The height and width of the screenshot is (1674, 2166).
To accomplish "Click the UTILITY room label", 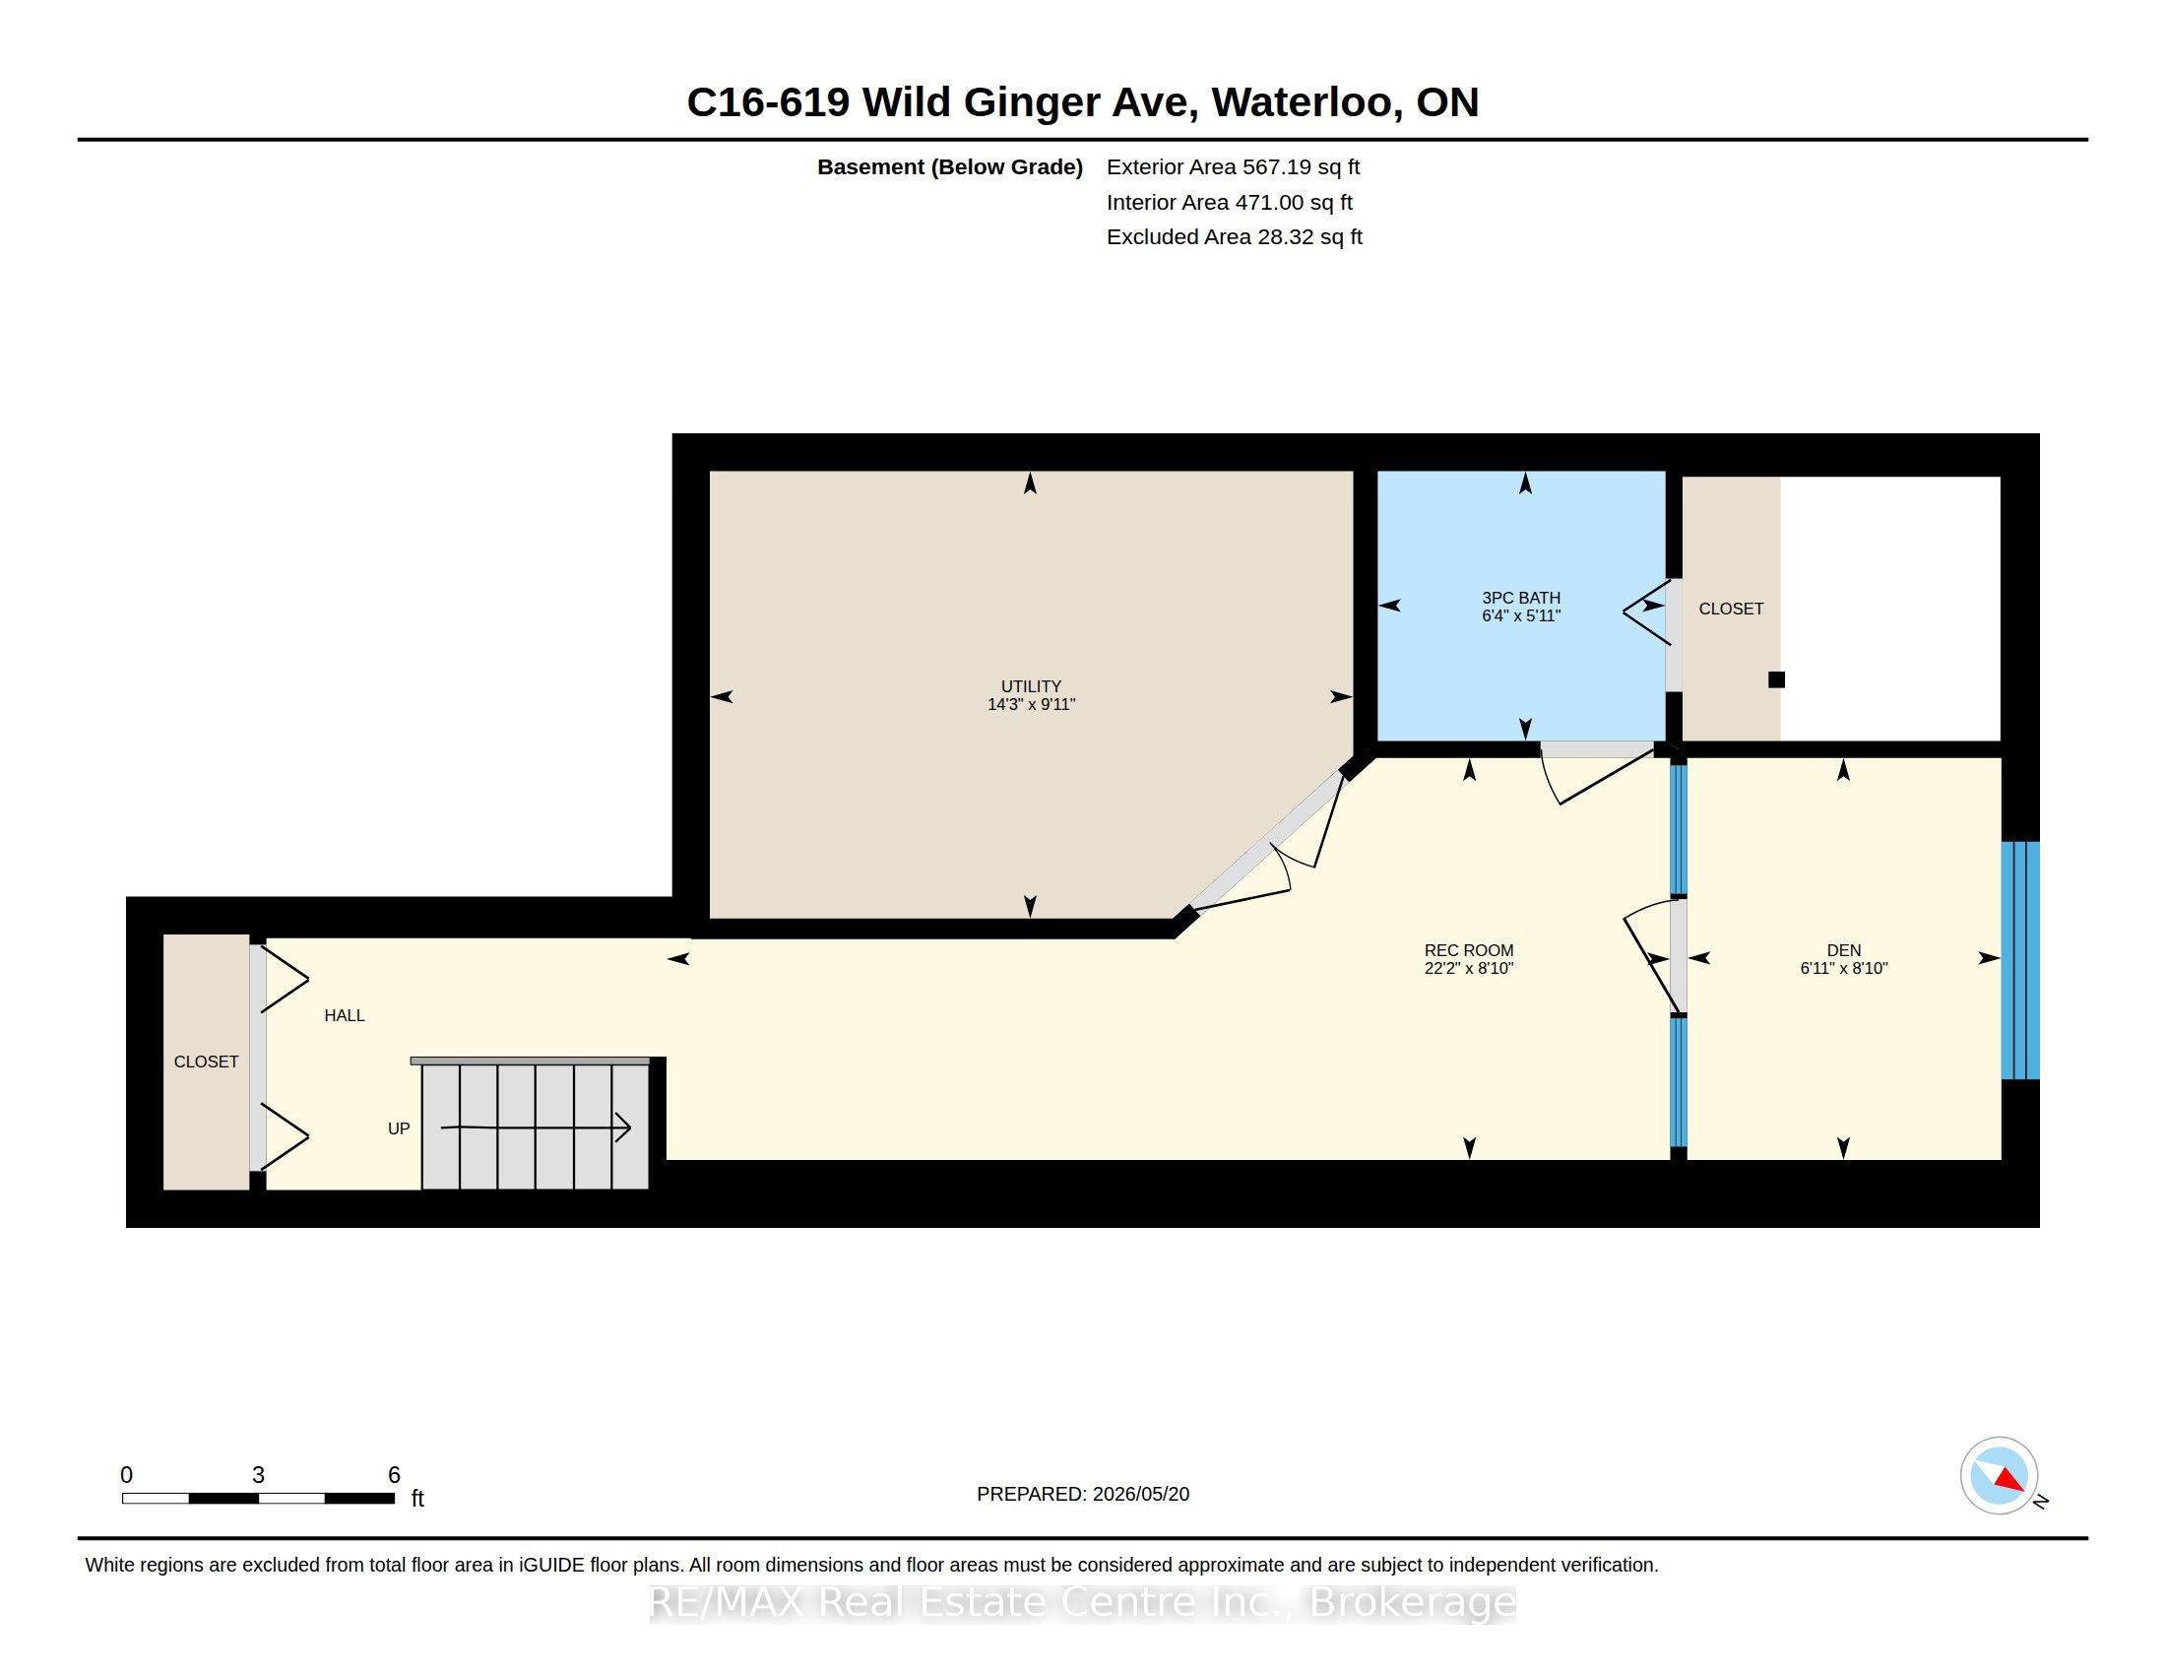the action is click(1031, 686).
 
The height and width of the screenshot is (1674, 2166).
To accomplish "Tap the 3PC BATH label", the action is click(1521, 598).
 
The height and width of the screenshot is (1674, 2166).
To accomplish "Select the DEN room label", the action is click(1844, 950).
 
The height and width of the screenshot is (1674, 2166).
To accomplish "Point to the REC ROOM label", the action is click(1469, 950).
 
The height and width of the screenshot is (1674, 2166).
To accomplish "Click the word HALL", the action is click(345, 1015).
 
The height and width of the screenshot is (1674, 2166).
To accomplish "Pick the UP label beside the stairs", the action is click(399, 1128).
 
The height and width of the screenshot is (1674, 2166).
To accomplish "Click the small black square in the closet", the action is click(1776, 679).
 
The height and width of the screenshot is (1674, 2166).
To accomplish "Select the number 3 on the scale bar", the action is click(258, 1475).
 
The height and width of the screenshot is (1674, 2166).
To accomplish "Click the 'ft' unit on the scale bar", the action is click(417, 1498).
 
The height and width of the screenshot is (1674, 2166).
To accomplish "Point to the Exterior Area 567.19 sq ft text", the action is click(1233, 166).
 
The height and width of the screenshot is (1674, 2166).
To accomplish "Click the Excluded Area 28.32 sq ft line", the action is click(1234, 236).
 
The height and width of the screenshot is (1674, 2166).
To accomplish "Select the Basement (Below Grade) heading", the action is click(949, 166).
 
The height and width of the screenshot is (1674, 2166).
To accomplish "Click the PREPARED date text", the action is click(1083, 1494).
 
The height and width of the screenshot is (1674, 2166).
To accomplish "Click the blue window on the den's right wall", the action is click(2020, 960).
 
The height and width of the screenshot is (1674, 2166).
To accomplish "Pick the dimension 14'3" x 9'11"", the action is click(1032, 704).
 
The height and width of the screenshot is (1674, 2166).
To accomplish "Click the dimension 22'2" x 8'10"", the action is click(1469, 968).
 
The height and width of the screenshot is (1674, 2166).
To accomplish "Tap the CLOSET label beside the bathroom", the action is click(1731, 609).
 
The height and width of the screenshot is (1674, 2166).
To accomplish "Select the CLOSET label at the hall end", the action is click(207, 1062).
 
